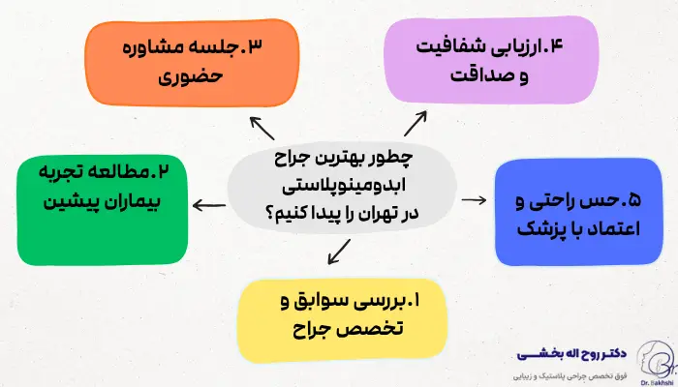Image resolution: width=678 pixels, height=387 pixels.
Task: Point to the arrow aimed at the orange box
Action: pyautogui.click(x=262, y=129)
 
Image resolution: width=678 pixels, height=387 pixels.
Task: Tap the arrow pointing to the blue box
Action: pyautogui.click(x=474, y=199)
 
